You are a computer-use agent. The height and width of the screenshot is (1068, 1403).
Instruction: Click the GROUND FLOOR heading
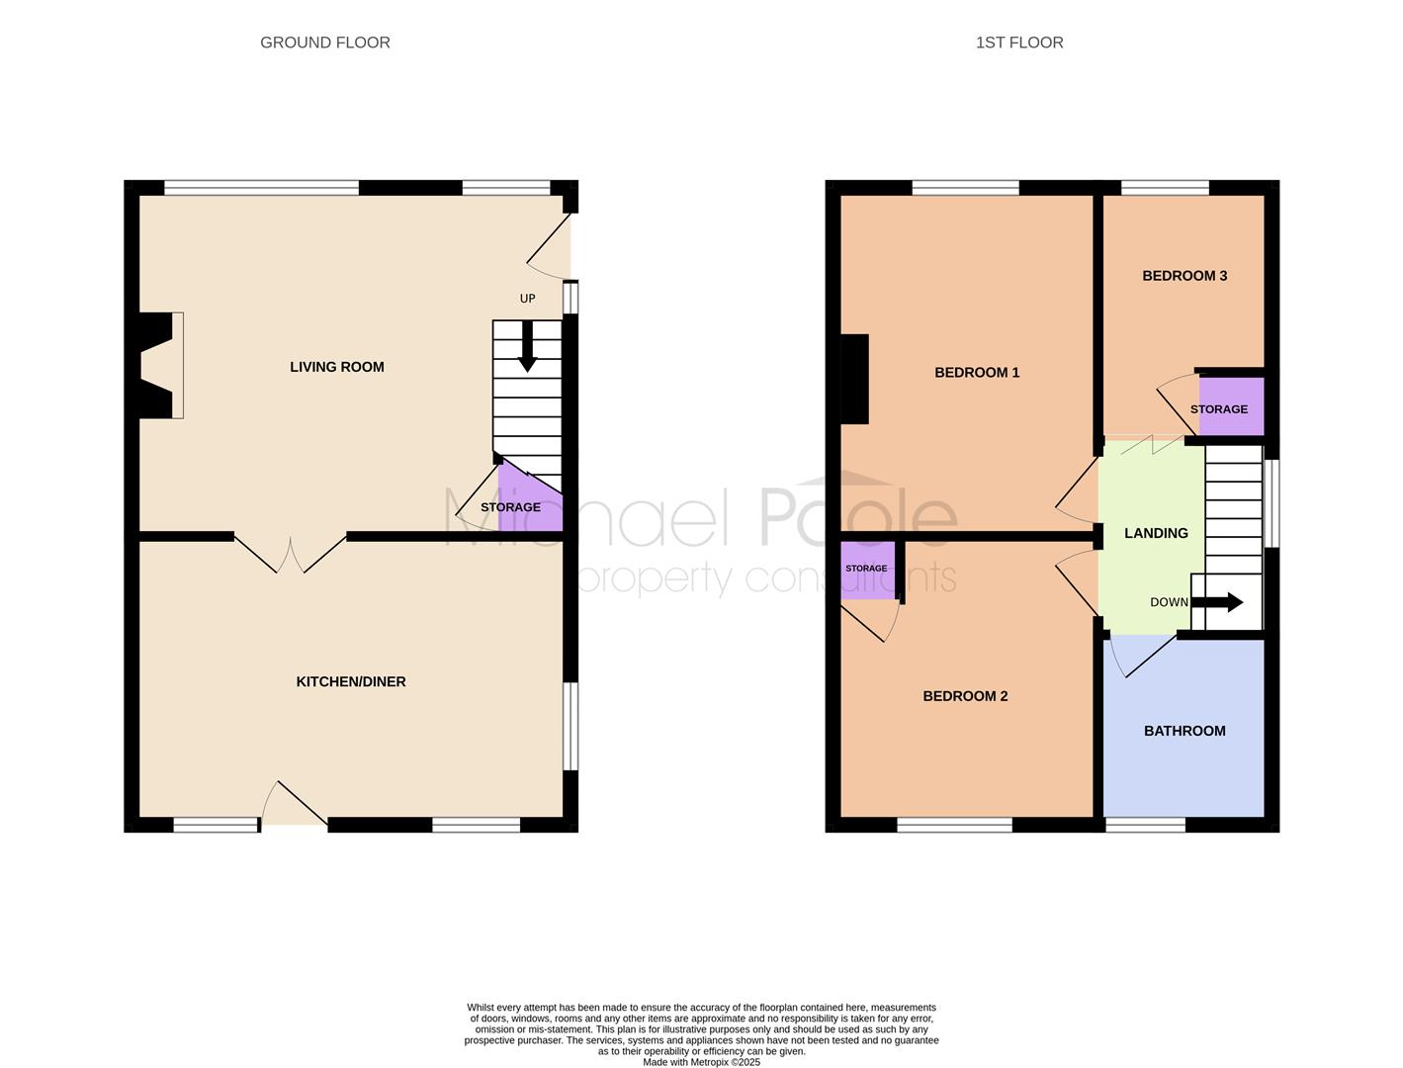(x=324, y=43)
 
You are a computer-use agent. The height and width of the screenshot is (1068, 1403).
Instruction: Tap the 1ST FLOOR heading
(x=1018, y=43)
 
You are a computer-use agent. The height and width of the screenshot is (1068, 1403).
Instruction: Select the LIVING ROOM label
(x=337, y=367)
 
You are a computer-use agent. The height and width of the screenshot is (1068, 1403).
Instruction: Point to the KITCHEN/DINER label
(x=351, y=682)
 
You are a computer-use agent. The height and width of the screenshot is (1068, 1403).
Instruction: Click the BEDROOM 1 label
(x=977, y=373)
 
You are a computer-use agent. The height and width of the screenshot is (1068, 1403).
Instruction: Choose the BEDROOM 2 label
(x=965, y=696)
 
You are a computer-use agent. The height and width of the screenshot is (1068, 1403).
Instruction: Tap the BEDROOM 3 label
(x=1184, y=276)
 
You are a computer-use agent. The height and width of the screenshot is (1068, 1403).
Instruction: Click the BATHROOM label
(x=1184, y=731)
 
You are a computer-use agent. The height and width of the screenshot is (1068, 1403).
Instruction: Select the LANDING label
(x=1156, y=533)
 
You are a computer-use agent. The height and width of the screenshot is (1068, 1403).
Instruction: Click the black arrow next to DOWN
(x=1218, y=602)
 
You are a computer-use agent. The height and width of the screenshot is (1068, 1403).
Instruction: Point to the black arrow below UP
(x=527, y=346)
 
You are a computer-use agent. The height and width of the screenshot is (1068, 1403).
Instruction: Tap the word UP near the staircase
(x=527, y=299)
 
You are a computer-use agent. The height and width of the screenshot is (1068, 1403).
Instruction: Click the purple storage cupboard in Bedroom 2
(x=867, y=571)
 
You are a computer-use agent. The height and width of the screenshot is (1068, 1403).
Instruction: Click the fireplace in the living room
(x=161, y=365)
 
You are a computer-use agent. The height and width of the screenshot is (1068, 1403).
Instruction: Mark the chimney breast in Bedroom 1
(x=854, y=379)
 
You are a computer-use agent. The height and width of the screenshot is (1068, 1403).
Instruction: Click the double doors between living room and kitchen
(x=290, y=554)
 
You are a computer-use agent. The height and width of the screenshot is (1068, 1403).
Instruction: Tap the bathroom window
(x=1145, y=825)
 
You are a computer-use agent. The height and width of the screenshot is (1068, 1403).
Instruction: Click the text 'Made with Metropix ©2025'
(x=701, y=1062)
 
